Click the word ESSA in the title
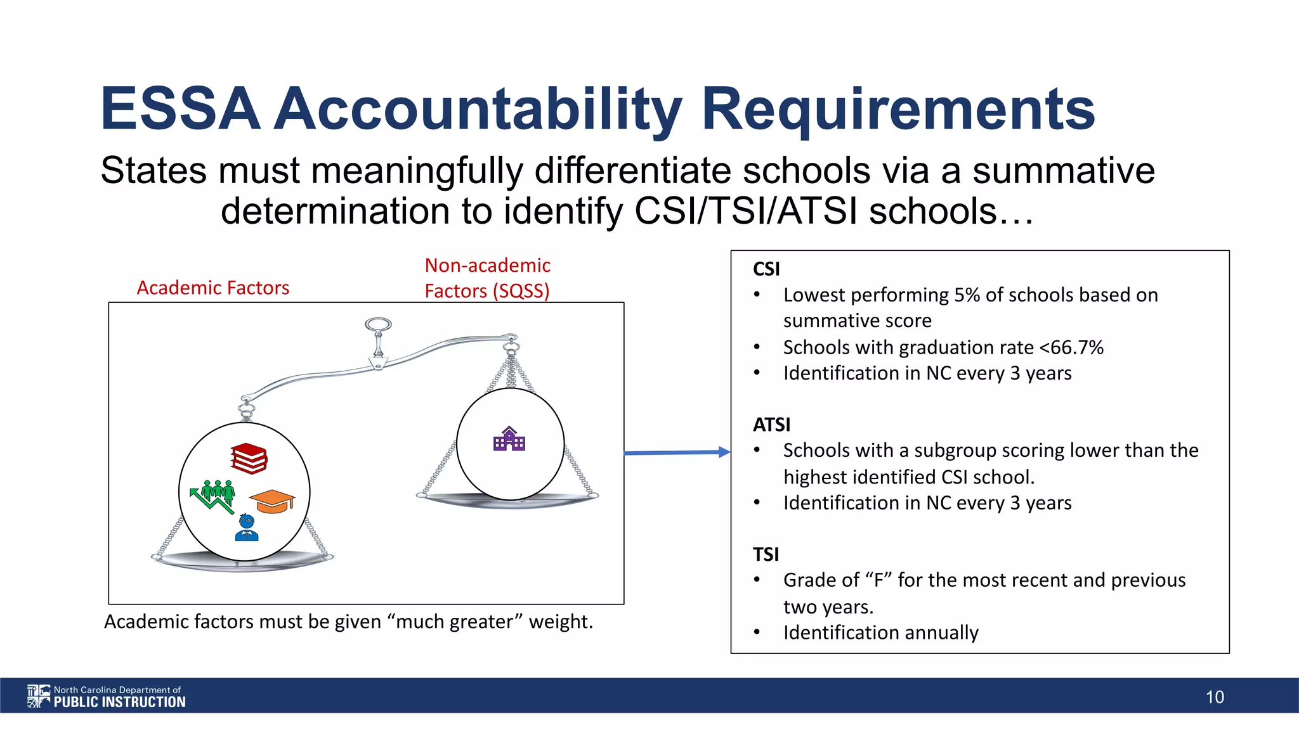181,109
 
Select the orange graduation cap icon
272,501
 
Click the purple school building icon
509,439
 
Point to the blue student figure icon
246,528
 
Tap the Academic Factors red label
213,288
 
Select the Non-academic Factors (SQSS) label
487,278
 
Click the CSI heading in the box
766,269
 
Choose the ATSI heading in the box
771,425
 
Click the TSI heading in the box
766,554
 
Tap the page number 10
1215,697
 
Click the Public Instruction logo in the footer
106,696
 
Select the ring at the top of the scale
378,325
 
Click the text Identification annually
880,632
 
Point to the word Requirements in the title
898,109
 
